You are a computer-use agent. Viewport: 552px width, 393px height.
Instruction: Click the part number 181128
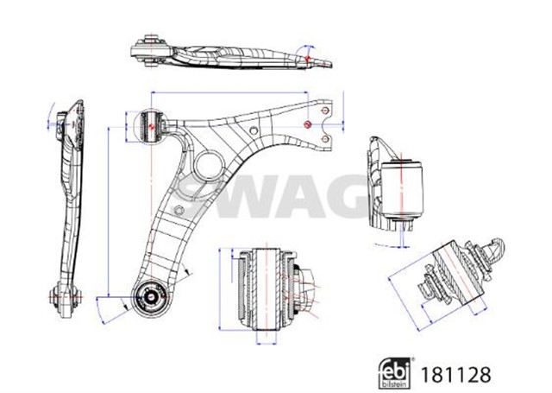458,375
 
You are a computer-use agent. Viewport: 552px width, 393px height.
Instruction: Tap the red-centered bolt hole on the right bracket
309,127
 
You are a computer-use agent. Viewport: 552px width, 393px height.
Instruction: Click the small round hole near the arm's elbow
254,131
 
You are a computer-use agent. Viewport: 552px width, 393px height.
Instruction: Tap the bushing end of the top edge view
155,48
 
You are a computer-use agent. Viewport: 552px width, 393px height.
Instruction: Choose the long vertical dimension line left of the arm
107,212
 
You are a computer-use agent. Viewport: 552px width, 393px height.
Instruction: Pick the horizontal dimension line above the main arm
233,93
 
